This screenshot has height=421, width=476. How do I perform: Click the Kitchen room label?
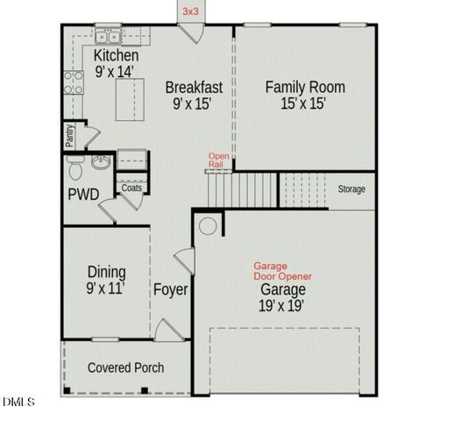pyautogui.click(x=116, y=56)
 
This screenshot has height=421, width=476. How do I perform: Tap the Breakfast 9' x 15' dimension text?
pyautogui.click(x=194, y=103)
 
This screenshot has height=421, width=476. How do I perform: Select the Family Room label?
pyautogui.click(x=305, y=87)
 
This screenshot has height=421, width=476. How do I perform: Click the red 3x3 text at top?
pyautogui.click(x=190, y=11)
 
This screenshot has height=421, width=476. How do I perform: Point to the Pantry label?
pyautogui.click(x=69, y=136)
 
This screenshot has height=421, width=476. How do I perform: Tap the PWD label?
pyautogui.click(x=83, y=195)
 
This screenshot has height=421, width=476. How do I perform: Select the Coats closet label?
pyautogui.click(x=131, y=188)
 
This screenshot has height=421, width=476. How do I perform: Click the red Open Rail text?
pyautogui.click(x=218, y=161)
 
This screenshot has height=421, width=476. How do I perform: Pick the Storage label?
pyautogui.click(x=352, y=189)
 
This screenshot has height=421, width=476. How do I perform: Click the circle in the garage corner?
pyautogui.click(x=208, y=225)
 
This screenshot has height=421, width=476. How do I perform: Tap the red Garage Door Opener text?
pyautogui.click(x=282, y=270)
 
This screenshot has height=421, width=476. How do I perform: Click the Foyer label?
pyautogui.click(x=170, y=289)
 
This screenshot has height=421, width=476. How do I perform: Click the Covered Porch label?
pyautogui.click(x=125, y=367)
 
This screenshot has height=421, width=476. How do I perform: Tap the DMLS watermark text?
pyautogui.click(x=18, y=403)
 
